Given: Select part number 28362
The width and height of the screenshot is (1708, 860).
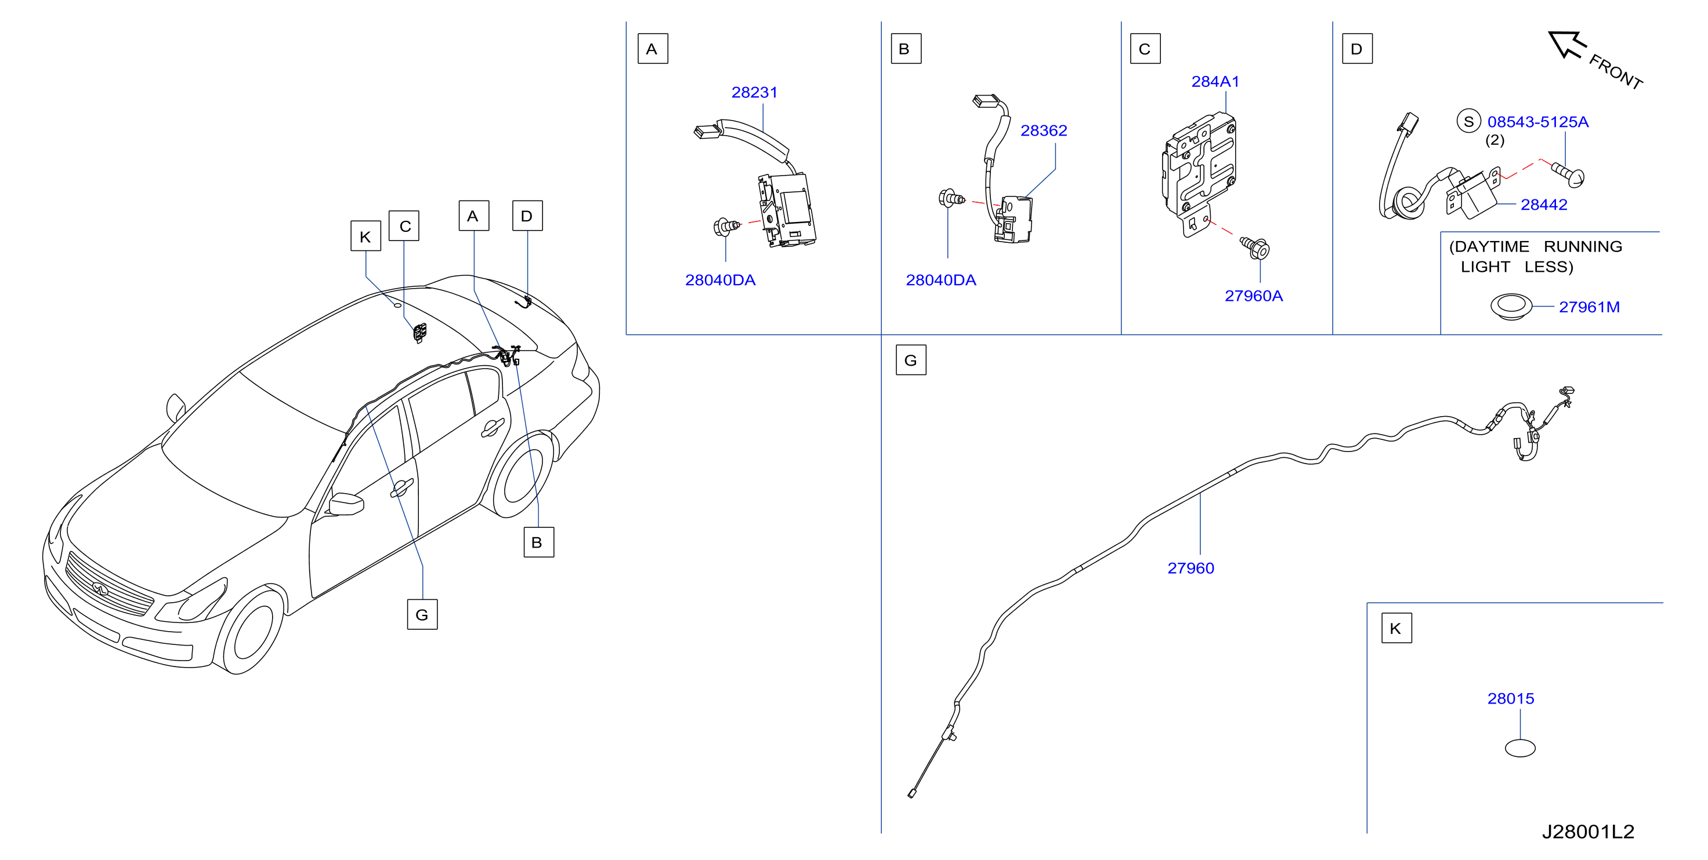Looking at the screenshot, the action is coord(1044,130).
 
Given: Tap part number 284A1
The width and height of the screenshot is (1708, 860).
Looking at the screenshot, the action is coord(1215,82).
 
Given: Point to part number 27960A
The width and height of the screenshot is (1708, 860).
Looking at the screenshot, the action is coord(1253,296).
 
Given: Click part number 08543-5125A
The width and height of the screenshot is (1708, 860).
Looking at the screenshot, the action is coord(1537,122).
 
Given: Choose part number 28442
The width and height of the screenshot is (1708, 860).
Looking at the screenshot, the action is coord(1544,205).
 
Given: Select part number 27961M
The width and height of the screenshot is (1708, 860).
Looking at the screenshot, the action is coord(1588,307).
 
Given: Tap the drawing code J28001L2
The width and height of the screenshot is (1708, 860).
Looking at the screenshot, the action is coord(1587,832).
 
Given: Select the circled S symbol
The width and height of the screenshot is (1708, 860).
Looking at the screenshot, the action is coord(1468,121).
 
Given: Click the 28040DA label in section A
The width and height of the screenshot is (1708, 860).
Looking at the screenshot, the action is coord(720,280).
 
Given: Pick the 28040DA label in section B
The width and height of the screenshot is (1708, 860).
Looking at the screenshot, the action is coord(941,280).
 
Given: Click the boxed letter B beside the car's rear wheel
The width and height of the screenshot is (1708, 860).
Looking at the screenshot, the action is coord(538,542).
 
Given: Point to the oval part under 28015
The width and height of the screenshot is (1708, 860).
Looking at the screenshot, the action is coord(1519,748).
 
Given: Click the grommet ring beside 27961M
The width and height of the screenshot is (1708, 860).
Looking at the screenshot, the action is coord(1511,307).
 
